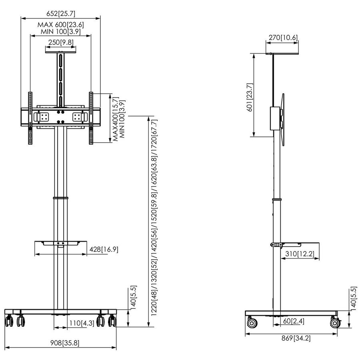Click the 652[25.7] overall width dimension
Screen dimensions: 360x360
[60, 13]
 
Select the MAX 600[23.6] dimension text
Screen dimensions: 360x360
[60, 25]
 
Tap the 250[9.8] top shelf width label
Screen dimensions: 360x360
[60, 42]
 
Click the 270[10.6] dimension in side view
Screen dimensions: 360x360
[283, 38]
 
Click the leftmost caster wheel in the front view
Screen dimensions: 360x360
[9, 320]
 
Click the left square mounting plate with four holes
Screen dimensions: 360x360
[42, 117]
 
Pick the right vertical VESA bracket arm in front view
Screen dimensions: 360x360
[91, 118]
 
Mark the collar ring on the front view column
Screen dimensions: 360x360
[60, 198]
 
